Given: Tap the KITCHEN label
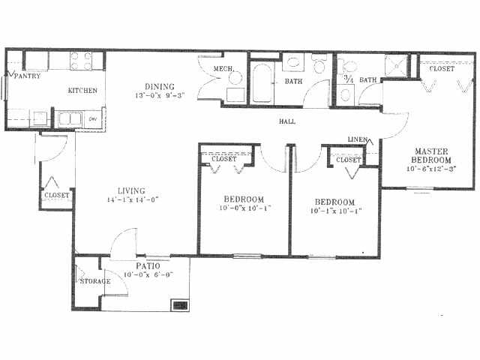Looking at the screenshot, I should [x=82, y=91].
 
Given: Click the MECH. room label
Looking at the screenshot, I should [x=224, y=70].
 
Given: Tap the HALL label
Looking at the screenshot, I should [x=286, y=121].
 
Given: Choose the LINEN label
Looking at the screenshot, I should [x=357, y=139].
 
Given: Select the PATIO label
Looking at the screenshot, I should [x=145, y=266].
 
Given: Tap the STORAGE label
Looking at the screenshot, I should [x=94, y=281].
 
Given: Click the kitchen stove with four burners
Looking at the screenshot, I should [x=82, y=60].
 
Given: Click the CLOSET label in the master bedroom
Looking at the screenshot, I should [x=442, y=69].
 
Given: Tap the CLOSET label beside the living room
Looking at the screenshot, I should [x=57, y=195].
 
